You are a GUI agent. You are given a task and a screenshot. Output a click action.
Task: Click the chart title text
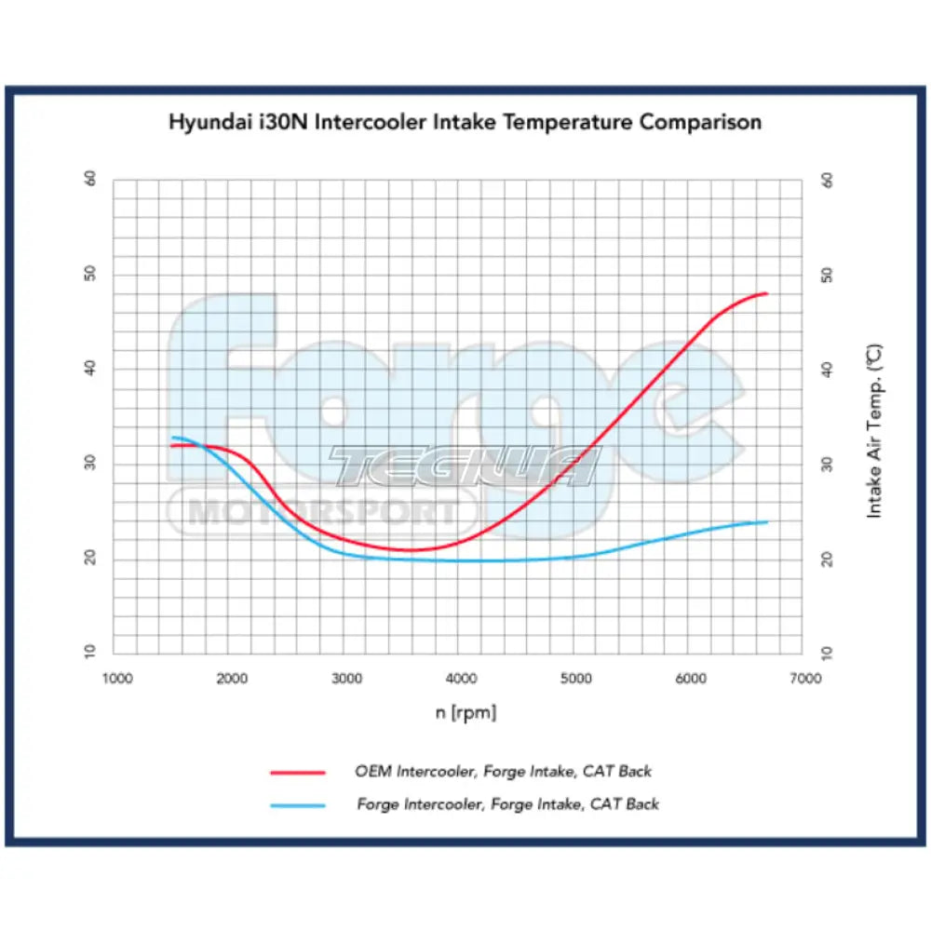[465, 122]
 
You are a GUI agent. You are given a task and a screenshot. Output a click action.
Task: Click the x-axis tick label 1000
[116, 679]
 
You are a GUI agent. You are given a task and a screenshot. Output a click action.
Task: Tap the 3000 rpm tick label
[346, 679]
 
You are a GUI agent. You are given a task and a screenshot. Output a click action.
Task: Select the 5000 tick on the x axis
[576, 679]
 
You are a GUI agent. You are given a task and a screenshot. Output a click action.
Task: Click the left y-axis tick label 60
[90, 179]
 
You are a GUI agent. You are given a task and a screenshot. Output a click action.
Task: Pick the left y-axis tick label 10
[90, 654]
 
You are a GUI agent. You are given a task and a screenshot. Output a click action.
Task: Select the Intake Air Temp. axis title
[874, 431]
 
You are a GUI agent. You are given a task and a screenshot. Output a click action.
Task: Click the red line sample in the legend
[298, 773]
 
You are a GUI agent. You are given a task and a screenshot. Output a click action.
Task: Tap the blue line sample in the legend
[298, 805]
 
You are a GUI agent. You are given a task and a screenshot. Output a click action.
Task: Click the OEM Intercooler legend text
[503, 771]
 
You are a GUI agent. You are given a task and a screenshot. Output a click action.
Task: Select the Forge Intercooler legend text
[507, 803]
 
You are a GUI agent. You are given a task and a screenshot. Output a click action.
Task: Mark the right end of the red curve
[766, 293]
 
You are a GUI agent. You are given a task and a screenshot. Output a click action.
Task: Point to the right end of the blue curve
[767, 521]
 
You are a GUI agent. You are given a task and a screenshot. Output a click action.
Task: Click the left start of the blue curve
[172, 437]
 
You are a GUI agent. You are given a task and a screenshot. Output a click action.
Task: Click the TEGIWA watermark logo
[463, 465]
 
